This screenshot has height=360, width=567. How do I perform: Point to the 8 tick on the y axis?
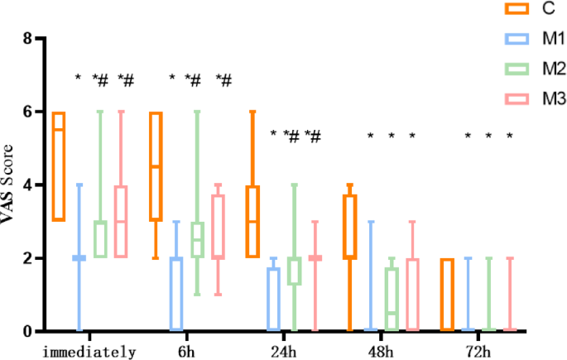tap(27, 39)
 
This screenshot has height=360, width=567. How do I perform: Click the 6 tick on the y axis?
tap(27, 113)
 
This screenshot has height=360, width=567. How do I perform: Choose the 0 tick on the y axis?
tap(27, 332)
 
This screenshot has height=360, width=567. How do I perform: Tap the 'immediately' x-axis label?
tap(89, 352)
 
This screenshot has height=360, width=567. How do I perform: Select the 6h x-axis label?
tap(186, 352)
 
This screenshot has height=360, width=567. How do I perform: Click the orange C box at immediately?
tap(58, 166)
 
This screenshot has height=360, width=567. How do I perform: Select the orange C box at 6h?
tap(156, 166)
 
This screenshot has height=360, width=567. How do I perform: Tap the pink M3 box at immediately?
tap(121, 222)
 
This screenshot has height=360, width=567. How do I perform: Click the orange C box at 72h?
tap(447, 295)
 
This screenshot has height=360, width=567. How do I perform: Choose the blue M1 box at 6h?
tap(176, 295)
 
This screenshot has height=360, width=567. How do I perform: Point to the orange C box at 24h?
tap(252, 222)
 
